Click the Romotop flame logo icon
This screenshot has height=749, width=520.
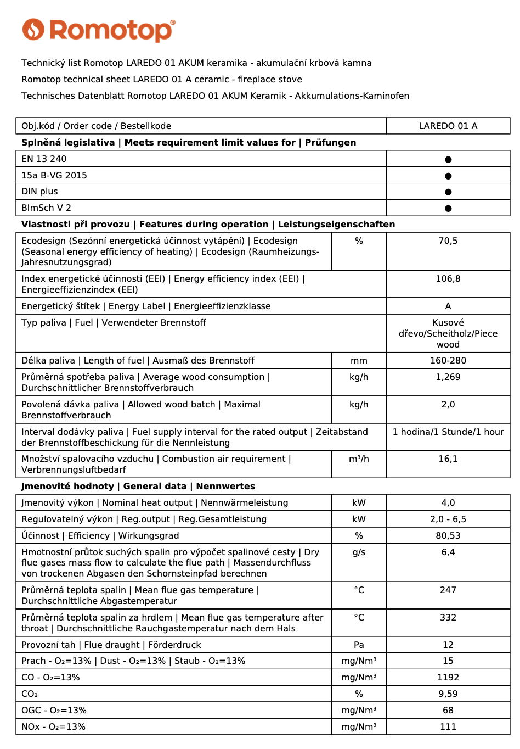33,30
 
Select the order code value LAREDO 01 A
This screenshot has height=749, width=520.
448,126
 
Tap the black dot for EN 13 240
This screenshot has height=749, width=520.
448,159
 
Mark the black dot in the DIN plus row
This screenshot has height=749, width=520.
448,192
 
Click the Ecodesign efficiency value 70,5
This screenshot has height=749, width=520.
448,241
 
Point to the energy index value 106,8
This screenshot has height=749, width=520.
448,279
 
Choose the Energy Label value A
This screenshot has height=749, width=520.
448,306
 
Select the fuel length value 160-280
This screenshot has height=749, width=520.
448,361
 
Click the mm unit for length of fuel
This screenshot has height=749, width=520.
359,361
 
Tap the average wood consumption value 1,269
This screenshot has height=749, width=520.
448,377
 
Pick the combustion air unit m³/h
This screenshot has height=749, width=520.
359,459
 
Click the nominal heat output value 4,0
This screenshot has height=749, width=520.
448,503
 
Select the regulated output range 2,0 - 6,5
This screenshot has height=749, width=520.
448,519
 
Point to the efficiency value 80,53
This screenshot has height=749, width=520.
448,536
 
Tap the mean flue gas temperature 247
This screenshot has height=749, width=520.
448,590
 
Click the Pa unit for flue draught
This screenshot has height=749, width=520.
359,645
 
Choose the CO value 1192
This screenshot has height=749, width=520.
448,678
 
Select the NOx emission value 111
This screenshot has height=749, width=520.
448,727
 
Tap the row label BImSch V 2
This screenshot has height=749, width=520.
46,208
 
